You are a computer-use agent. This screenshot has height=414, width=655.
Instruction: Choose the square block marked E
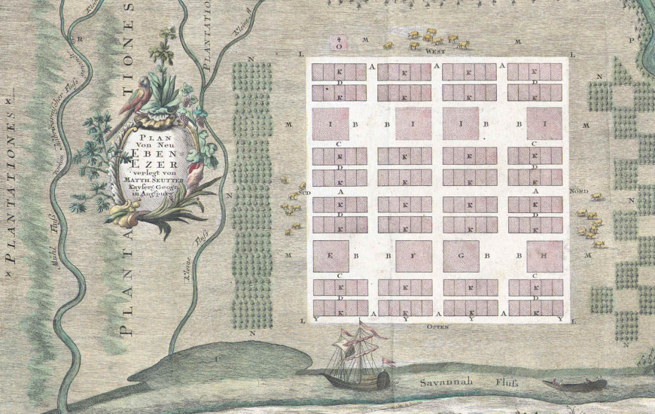331,257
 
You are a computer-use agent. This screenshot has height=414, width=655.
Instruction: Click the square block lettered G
461,257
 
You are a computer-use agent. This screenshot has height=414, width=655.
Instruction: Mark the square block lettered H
544,257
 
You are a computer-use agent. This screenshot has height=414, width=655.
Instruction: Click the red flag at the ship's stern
388,362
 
